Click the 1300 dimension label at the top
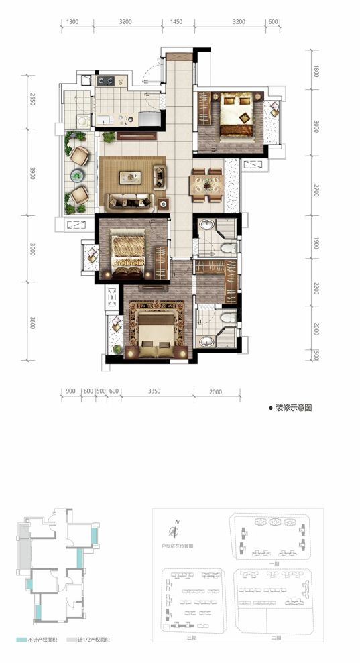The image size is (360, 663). click(x=73, y=22)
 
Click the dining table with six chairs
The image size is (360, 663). click(x=206, y=184)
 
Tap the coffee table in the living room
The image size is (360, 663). click(x=131, y=177)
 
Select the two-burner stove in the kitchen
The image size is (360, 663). click(x=105, y=82)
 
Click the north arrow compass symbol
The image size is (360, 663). click(x=174, y=531)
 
